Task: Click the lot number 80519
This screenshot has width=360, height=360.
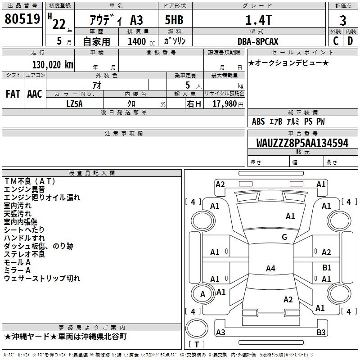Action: (22, 18)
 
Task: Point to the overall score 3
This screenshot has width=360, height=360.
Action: (343, 20)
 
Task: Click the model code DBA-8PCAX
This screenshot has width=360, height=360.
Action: (258, 41)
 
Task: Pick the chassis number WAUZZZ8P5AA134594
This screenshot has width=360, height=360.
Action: (302, 143)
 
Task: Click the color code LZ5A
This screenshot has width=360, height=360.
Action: (74, 103)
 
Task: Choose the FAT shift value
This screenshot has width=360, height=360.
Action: (13, 94)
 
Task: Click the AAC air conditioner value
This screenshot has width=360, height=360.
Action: (35, 94)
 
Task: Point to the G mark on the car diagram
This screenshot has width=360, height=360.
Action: (284, 237)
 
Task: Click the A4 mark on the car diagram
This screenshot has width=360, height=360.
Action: (270, 269)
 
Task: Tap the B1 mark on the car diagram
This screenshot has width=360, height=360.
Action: (327, 268)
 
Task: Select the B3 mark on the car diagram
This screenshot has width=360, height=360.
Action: (321, 333)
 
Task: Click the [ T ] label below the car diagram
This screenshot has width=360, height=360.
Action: (197, 344)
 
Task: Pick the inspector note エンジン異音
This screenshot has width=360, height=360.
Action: (24, 189)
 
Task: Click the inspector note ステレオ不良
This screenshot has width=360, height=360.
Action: (25, 254)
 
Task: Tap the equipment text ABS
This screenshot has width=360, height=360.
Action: (258, 121)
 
